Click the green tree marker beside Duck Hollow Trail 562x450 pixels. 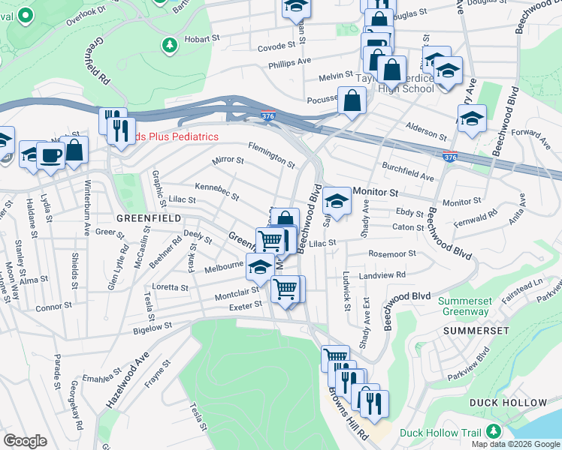[x=494, y=432]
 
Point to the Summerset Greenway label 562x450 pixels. [x=465, y=306]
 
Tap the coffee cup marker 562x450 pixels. [x=51, y=156]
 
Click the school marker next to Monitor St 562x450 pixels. [x=337, y=202]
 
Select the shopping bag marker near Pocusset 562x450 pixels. [x=352, y=100]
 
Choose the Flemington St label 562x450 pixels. [x=271, y=154]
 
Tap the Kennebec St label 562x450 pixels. [x=216, y=191]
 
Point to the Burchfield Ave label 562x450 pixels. [x=408, y=172]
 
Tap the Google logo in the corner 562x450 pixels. [x=25, y=441]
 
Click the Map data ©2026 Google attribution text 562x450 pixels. [x=515, y=444]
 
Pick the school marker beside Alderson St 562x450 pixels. [x=472, y=119]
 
